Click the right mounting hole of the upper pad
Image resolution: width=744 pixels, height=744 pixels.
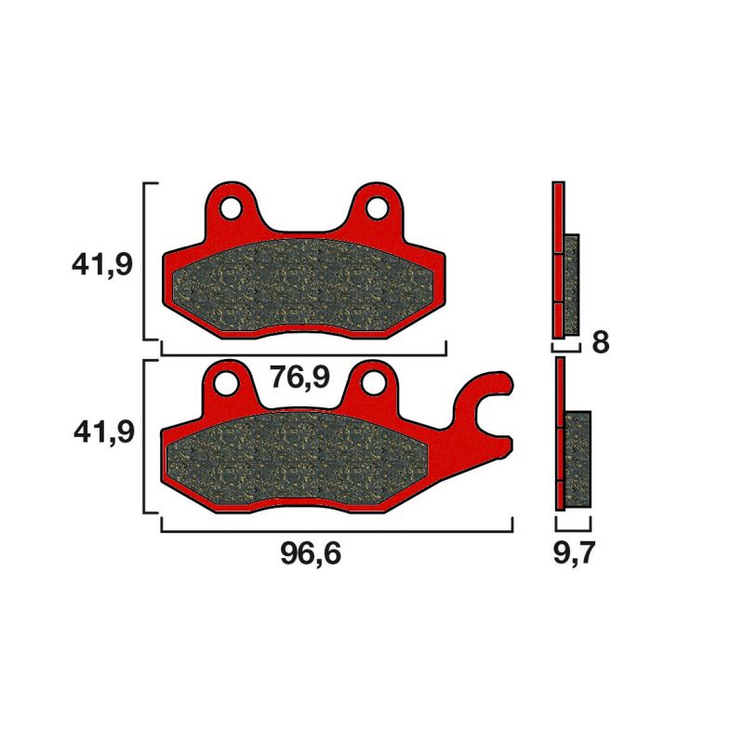click(376, 207)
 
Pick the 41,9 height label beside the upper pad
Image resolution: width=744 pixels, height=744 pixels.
click(102, 265)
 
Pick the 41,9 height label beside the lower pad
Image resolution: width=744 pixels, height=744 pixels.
click(102, 432)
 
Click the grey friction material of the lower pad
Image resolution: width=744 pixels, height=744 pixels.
click(298, 460)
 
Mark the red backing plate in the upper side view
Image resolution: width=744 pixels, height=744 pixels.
click(558, 260)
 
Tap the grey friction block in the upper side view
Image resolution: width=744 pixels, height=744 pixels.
click(572, 284)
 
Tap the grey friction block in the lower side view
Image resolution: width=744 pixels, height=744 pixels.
click(578, 459)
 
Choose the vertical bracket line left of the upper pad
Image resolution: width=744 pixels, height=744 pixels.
click(144, 260)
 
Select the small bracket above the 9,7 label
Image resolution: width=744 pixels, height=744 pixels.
click(573, 525)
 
